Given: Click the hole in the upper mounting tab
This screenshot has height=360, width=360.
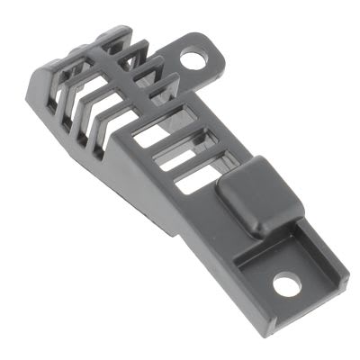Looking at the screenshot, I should click(x=193, y=59).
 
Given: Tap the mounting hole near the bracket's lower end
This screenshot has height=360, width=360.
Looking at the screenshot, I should click(x=286, y=286).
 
